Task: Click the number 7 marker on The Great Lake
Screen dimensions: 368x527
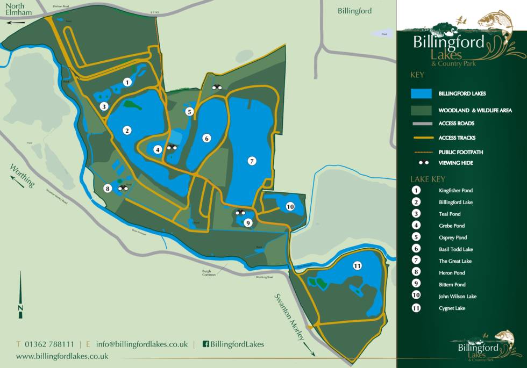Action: [251, 160]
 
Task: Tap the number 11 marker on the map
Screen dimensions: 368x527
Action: [357, 266]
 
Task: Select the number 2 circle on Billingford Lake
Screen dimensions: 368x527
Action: [127, 130]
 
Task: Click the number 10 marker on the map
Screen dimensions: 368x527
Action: [290, 206]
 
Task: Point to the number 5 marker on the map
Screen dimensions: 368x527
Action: [189, 112]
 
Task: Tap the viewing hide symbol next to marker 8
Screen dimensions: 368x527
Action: [123, 188]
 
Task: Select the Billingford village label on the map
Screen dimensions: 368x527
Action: [355, 11]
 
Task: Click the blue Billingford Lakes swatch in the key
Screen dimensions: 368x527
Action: [421, 93]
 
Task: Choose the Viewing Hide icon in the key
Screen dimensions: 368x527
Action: [421, 163]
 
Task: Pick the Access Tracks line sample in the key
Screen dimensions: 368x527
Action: [421, 138]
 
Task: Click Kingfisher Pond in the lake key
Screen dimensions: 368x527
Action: [455, 190]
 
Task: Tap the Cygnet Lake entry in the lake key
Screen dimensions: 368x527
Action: [452, 308]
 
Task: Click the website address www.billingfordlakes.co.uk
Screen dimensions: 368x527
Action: [62, 356]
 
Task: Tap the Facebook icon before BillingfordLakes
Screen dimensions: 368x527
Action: [205, 344]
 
